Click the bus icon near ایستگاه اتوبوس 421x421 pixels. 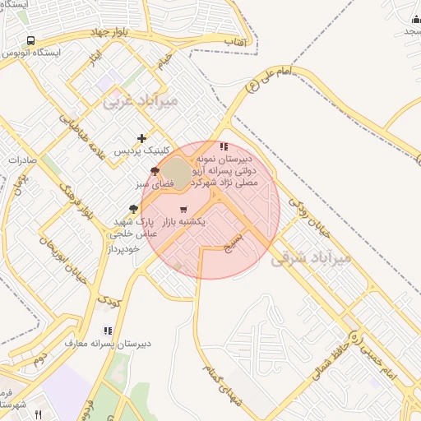pyautogui.click(x=31, y=40)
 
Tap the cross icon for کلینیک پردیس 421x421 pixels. pyautogui.click(x=142, y=138)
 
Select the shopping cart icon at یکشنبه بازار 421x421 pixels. pyautogui.click(x=183, y=210)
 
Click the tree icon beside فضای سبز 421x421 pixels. pyautogui.click(x=155, y=171)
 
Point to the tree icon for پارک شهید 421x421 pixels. pyautogui.click(x=134, y=210)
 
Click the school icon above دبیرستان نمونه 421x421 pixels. pyautogui.click(x=224, y=146)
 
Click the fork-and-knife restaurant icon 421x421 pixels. pyautogui.click(x=37, y=414)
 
